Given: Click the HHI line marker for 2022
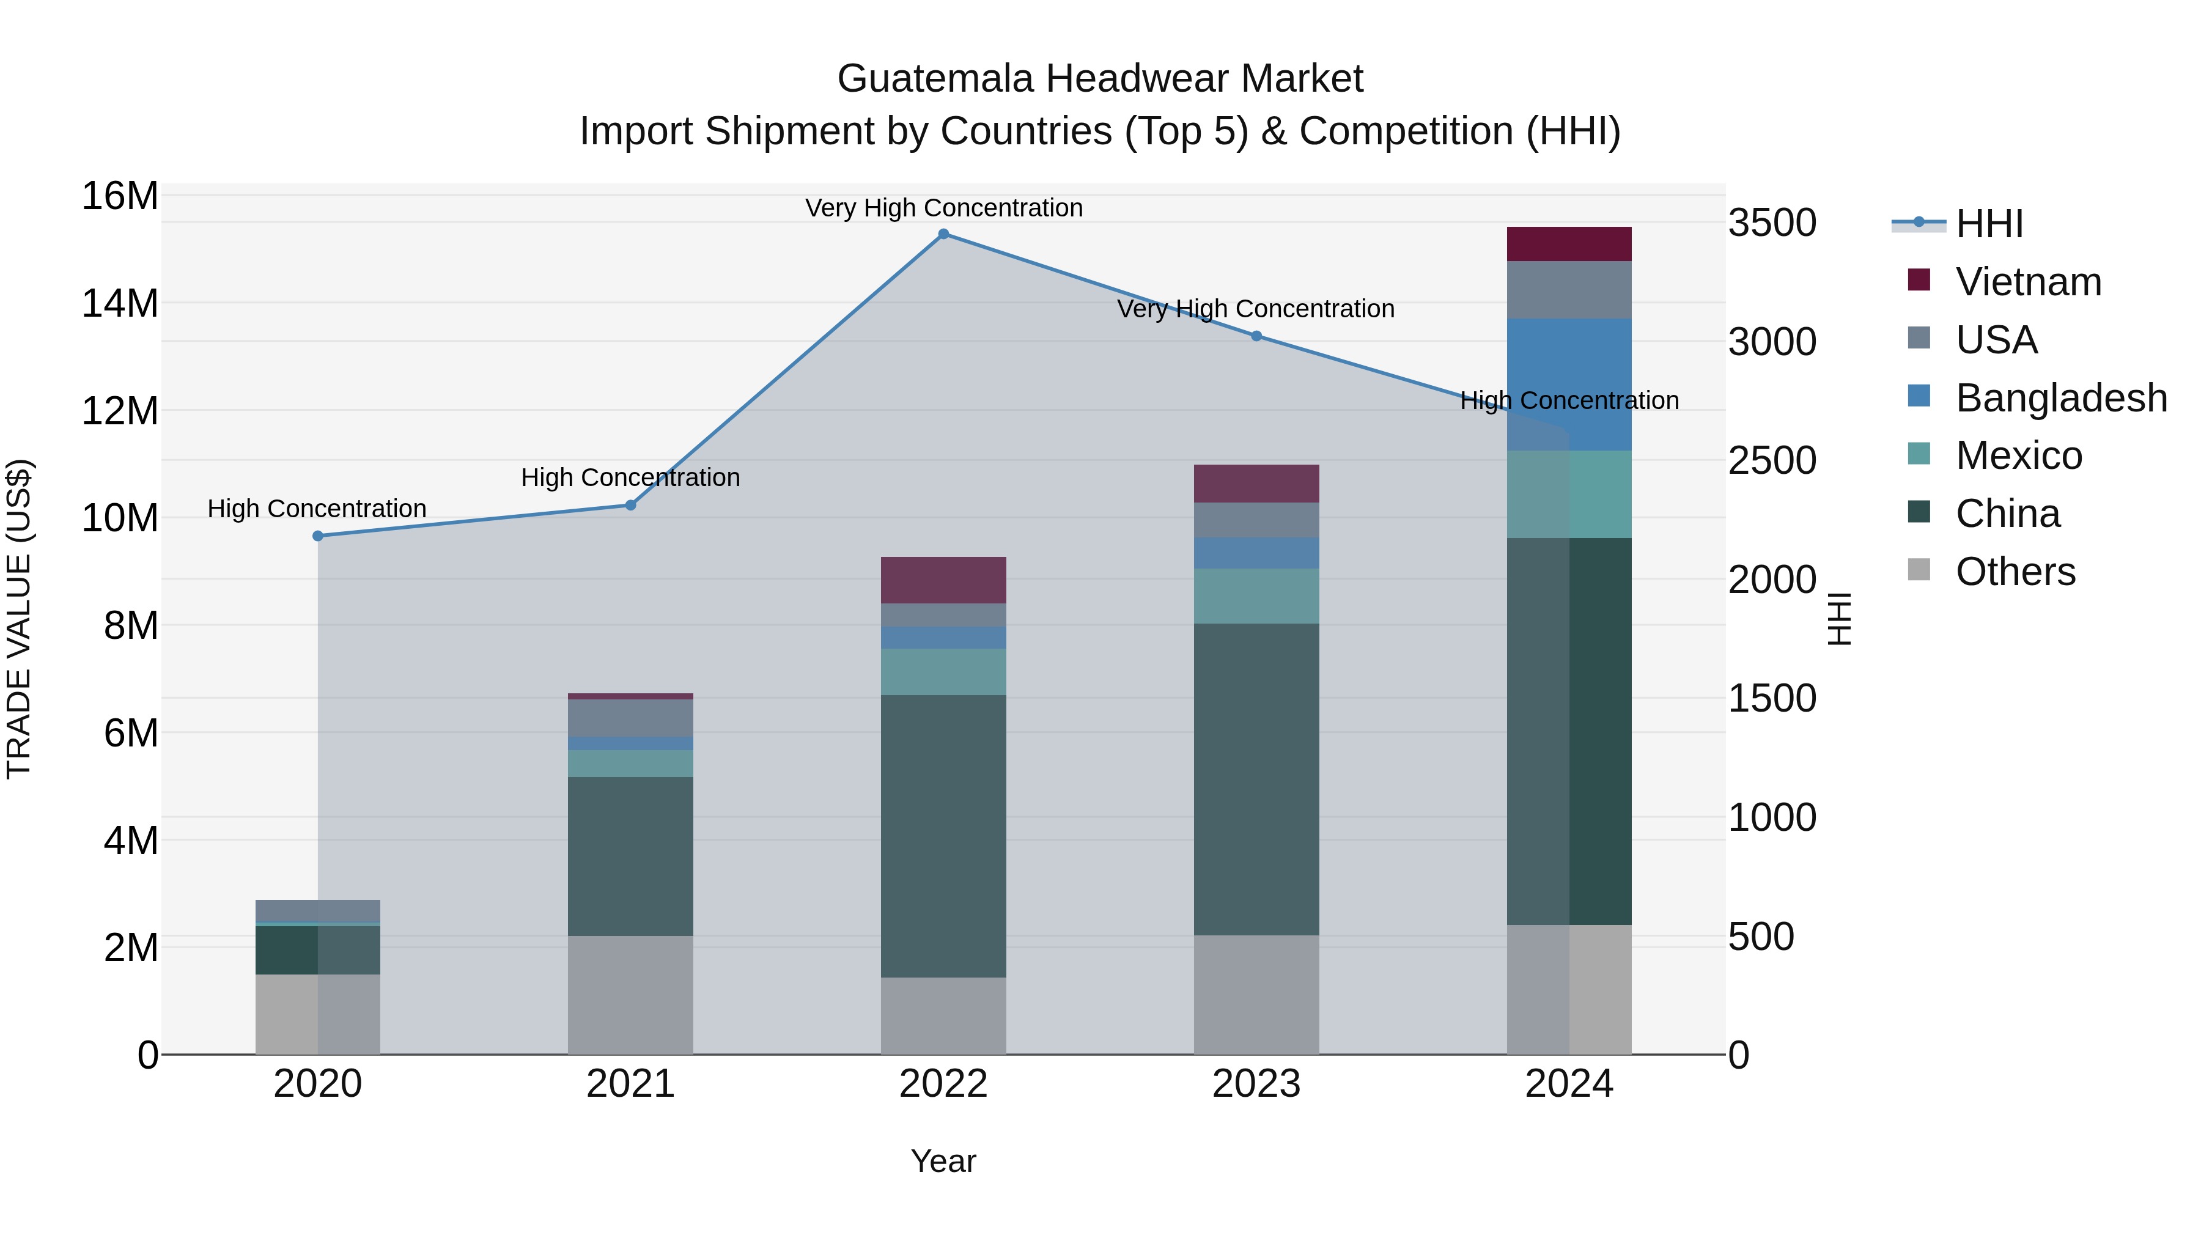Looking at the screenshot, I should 943,234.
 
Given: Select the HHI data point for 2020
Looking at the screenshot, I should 318,536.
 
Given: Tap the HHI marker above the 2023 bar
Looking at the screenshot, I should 1256,336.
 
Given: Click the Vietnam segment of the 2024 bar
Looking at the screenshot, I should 1569,245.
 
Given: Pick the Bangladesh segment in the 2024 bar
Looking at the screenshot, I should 1569,385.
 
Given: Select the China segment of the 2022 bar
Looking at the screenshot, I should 943,836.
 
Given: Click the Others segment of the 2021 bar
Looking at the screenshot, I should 630,995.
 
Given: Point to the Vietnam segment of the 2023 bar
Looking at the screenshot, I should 1256,484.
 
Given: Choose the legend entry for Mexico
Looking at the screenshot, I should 2018,455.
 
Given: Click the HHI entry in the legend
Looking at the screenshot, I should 1989,224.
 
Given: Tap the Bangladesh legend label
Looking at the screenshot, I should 2061,398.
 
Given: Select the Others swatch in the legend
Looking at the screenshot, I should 1918,570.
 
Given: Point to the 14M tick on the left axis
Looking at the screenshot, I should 120,303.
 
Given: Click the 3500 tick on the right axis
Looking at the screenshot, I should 1772,223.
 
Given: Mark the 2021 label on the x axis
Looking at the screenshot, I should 630,1084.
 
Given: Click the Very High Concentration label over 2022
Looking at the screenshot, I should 943,208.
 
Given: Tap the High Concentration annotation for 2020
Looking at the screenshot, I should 317,509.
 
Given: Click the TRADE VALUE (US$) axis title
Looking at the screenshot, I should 19,619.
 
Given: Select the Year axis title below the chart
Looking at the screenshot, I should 943,1161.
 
